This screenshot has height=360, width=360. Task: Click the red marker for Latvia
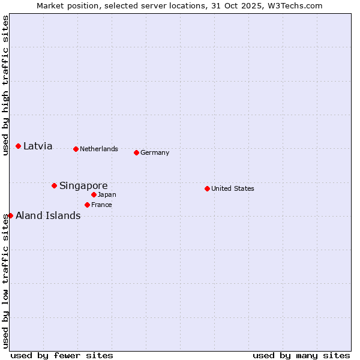point(19,146)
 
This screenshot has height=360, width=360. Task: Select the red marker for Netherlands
point(76,149)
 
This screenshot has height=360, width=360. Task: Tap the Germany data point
point(136,152)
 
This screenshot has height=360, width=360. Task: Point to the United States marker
point(207,188)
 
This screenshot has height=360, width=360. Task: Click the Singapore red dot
point(54,185)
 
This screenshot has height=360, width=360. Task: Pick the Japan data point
point(94,194)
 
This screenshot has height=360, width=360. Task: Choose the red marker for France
point(87,205)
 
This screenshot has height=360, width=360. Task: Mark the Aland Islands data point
point(10,215)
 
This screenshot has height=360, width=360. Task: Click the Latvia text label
point(38,146)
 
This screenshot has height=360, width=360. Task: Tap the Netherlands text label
point(99,149)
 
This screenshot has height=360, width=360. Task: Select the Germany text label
point(155,152)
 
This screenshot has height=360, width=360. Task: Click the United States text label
point(233,188)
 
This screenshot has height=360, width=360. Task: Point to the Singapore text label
point(83,185)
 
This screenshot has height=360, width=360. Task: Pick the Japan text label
point(107,194)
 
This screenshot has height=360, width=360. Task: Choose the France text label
point(101,205)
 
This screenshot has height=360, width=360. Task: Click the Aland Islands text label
point(48,215)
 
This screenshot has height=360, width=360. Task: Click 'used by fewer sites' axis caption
point(62,355)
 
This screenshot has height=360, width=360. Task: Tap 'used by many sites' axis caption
point(301,355)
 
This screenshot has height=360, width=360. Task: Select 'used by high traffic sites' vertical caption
point(5,85)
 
